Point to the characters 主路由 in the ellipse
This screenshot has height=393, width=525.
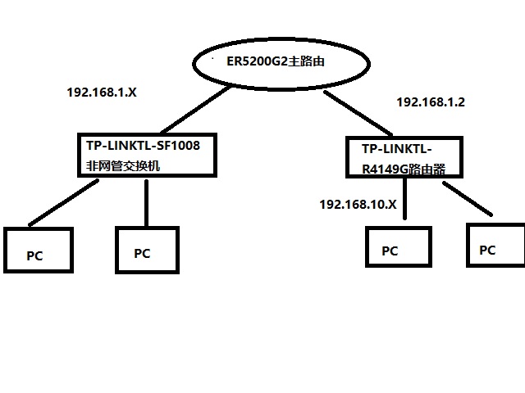click(310, 61)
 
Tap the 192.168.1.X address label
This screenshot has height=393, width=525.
click(101, 93)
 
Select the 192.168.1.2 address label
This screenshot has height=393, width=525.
click(431, 102)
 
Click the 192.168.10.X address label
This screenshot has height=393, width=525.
click(358, 204)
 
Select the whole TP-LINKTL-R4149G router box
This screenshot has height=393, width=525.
click(404, 156)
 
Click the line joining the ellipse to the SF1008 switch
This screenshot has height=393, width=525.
click(193, 111)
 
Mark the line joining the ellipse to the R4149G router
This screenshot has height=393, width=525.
click(361, 114)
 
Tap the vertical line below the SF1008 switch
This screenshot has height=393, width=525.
click(145, 201)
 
